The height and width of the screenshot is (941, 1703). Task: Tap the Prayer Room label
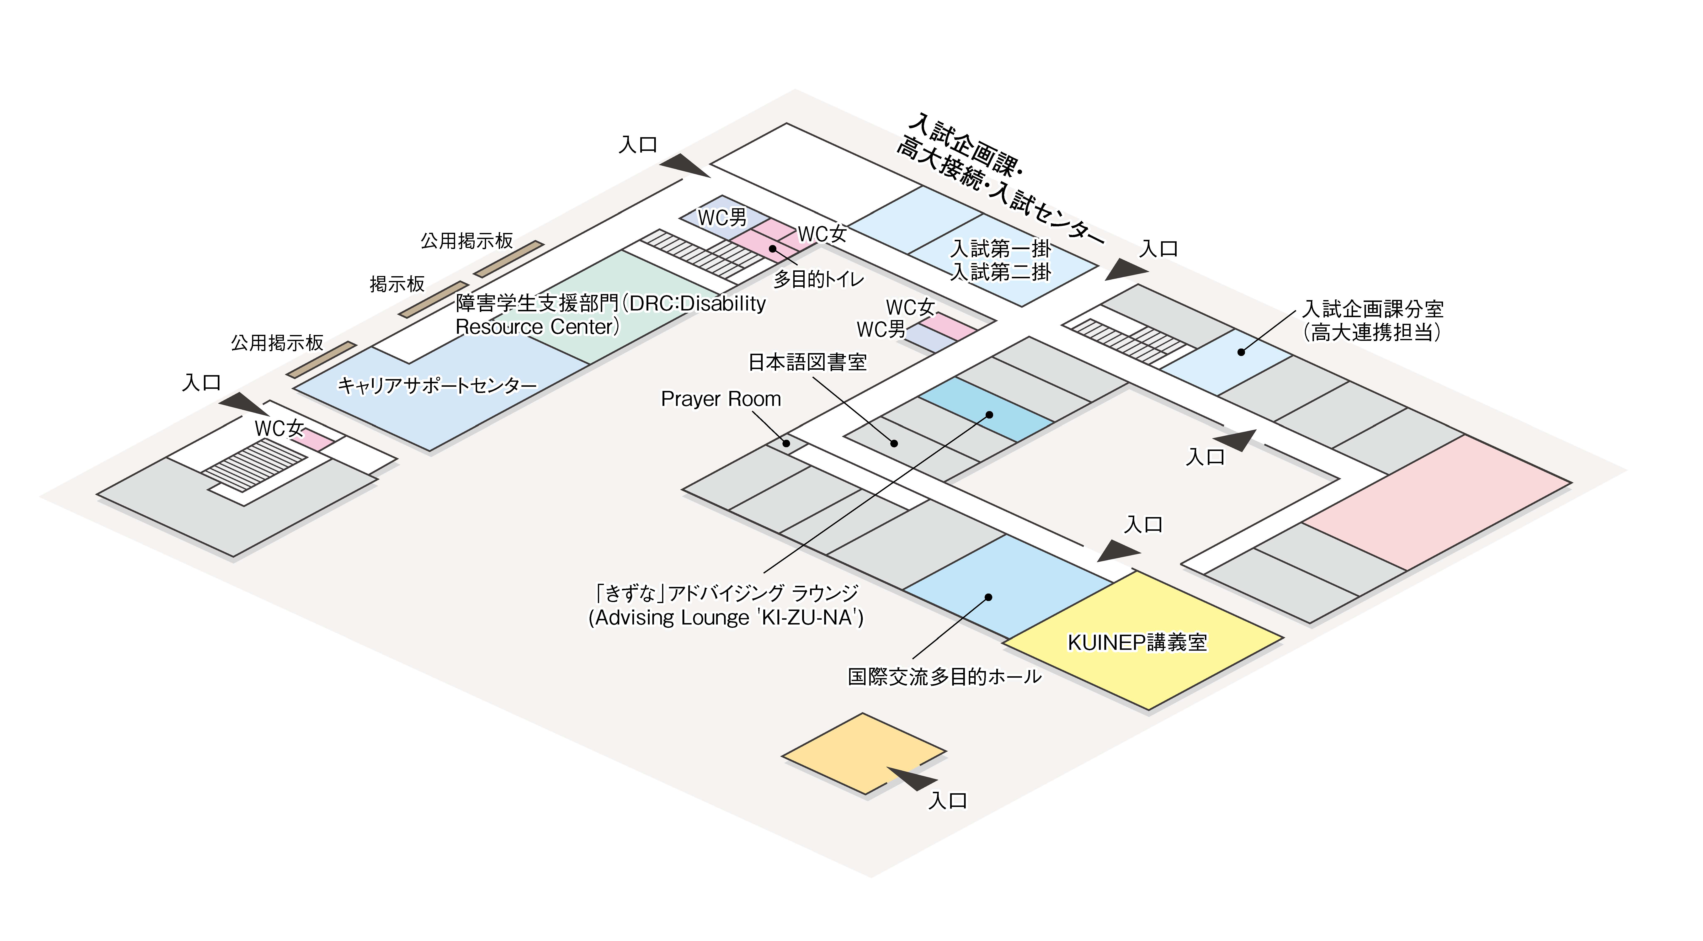click(721, 399)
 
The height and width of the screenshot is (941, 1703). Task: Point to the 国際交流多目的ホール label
click(944, 676)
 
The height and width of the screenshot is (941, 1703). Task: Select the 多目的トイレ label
click(818, 279)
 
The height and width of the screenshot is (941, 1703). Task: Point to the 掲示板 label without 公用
click(397, 284)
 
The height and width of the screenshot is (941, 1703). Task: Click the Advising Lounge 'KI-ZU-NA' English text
click(726, 618)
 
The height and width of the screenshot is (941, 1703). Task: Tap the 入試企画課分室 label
click(1372, 309)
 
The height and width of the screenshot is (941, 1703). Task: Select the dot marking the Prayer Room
click(786, 443)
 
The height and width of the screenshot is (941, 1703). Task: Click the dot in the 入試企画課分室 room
click(1241, 352)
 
